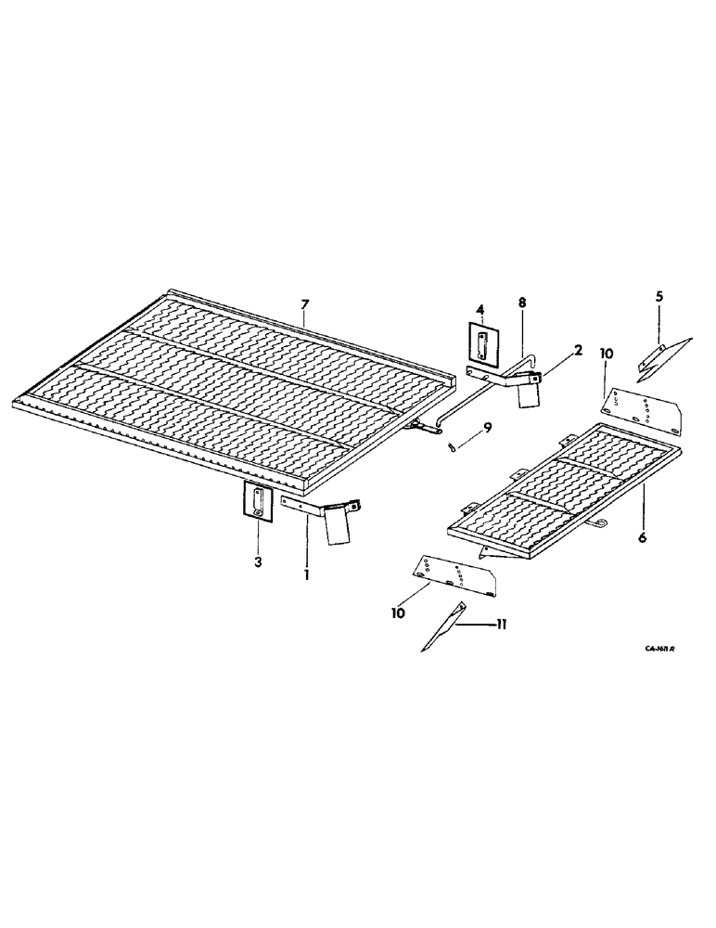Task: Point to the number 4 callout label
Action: pyautogui.click(x=480, y=309)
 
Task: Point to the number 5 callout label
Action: pyautogui.click(x=658, y=297)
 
